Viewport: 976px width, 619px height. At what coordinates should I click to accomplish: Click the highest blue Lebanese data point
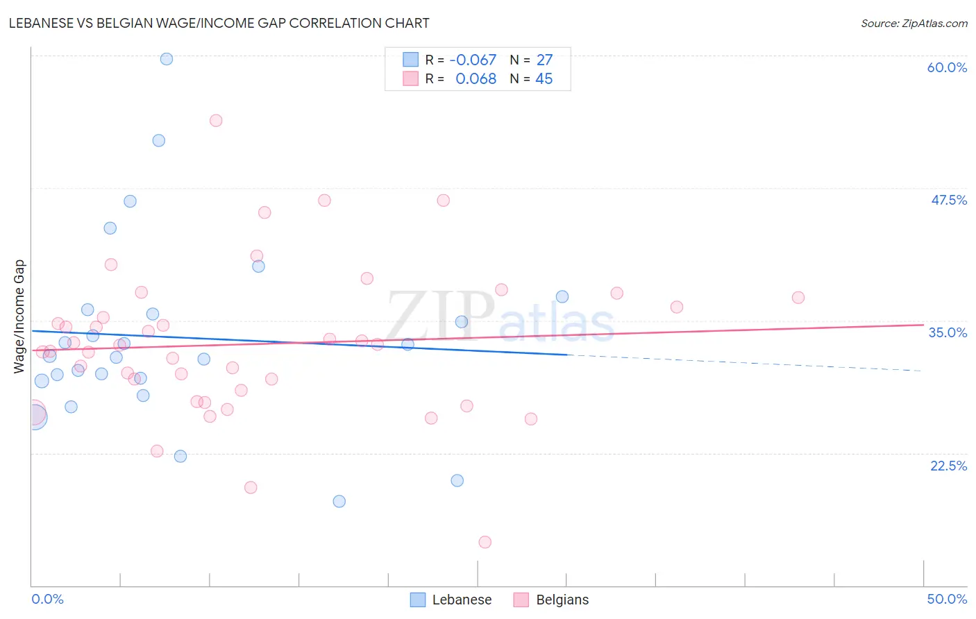[167, 59]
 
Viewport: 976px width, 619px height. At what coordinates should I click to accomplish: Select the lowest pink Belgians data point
[485, 542]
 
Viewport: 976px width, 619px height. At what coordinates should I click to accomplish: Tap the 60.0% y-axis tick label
[947, 67]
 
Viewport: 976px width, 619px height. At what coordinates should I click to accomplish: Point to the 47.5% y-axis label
[948, 200]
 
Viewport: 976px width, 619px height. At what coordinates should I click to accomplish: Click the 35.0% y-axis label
[948, 332]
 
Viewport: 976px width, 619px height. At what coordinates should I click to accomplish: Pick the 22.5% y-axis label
[948, 466]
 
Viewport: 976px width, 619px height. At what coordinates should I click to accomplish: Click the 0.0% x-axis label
[47, 599]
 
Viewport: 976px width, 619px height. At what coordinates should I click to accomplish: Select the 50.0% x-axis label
[947, 599]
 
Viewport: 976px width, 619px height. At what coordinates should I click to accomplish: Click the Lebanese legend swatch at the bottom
[418, 600]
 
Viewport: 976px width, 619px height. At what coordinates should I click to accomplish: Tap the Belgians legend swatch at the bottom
[521, 600]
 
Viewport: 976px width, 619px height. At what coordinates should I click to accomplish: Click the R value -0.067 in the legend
[473, 60]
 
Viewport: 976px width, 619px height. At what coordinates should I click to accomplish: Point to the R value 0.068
[476, 79]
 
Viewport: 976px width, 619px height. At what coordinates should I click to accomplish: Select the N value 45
[544, 79]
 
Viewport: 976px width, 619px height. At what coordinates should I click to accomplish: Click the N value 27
[544, 60]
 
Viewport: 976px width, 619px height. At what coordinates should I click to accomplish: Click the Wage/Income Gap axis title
[19, 316]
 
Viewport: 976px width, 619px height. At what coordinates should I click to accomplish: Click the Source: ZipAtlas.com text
[914, 24]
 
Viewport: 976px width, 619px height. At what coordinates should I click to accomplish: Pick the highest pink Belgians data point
[216, 121]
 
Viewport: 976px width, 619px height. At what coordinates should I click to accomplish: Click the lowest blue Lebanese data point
[339, 501]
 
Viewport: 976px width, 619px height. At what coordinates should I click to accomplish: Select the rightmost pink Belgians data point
[798, 298]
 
